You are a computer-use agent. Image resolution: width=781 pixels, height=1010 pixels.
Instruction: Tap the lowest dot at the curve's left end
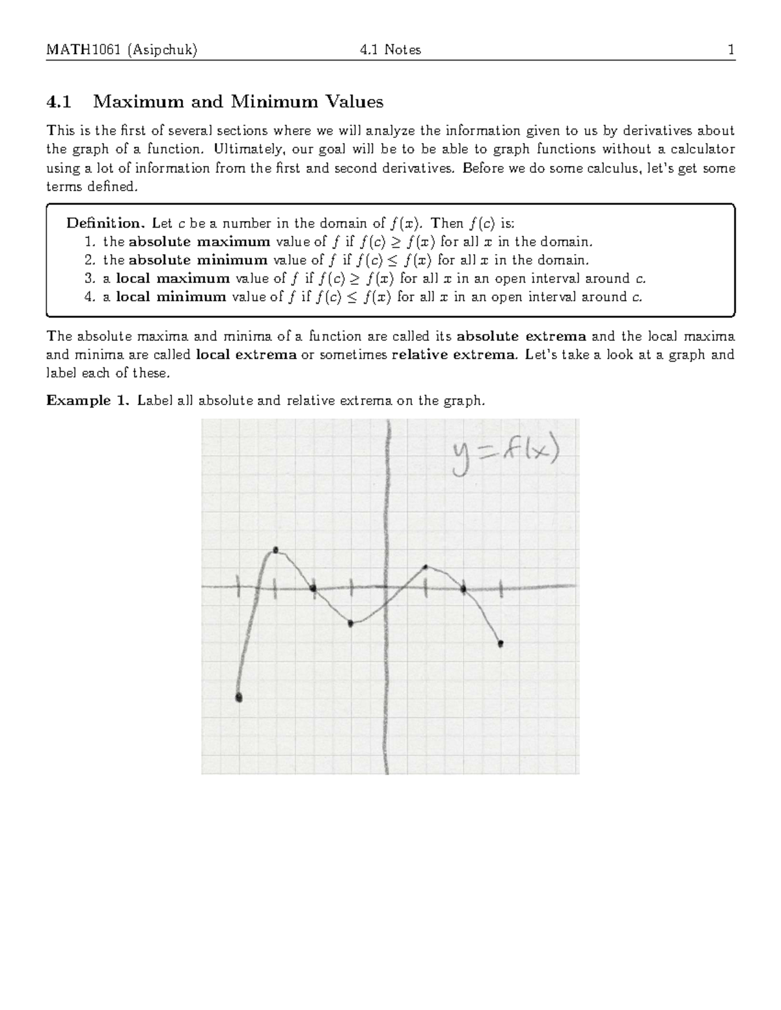239,698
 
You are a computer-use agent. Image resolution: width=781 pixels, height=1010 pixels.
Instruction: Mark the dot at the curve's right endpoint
500,644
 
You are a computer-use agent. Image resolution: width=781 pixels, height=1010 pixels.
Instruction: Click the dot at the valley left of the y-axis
351,624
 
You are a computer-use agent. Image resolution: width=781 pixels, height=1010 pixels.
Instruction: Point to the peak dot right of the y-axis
425,567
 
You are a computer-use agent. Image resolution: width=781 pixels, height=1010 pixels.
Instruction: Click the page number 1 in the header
731,50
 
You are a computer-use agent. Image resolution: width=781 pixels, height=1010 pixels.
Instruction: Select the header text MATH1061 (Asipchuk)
122,50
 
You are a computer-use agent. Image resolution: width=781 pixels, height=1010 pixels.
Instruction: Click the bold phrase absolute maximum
199,242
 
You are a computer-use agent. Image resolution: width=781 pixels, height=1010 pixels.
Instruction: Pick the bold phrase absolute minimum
198,260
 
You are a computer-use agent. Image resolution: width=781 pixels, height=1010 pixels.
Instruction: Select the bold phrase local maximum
172,278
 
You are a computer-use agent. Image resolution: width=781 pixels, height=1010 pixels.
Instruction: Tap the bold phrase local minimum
171,297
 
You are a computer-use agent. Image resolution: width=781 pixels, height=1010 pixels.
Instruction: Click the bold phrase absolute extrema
522,337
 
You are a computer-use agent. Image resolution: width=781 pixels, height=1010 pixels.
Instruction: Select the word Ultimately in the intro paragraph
246,150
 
